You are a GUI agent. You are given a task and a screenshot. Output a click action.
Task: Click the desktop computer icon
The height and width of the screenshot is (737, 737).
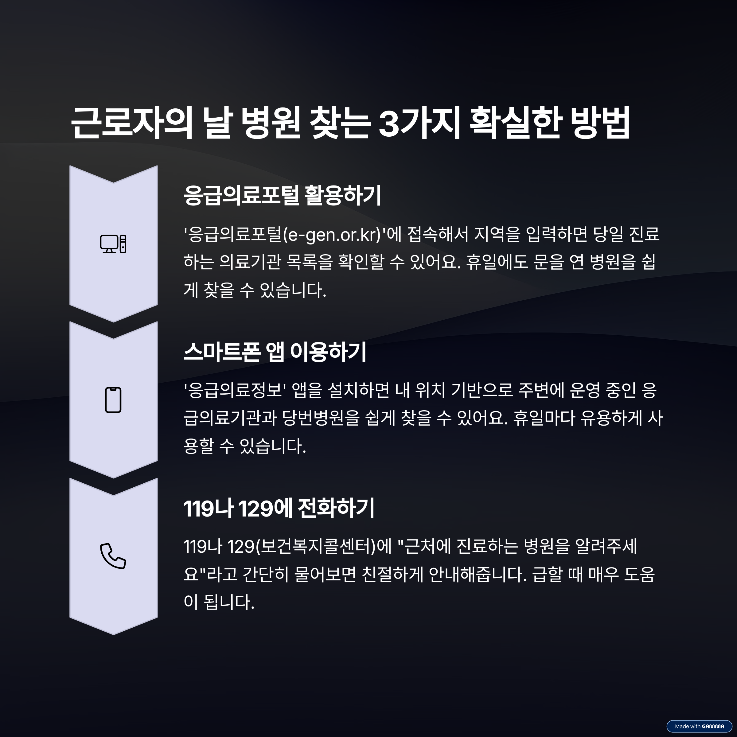(x=113, y=244)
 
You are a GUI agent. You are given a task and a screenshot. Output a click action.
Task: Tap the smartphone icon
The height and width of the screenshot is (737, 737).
(x=113, y=400)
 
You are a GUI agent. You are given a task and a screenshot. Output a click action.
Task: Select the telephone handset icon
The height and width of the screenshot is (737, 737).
(x=113, y=556)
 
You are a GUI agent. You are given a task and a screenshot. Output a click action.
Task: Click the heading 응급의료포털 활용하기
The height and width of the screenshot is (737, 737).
(x=282, y=196)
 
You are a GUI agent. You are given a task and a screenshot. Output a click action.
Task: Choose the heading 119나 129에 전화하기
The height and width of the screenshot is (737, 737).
(x=279, y=509)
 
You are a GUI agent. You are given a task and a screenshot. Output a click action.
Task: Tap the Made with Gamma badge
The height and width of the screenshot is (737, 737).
(x=699, y=726)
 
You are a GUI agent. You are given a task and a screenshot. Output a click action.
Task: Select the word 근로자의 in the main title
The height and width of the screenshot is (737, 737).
(x=132, y=123)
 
